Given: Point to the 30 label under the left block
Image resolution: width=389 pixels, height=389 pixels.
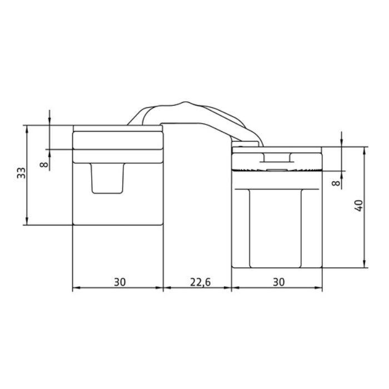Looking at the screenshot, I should pyautogui.click(x=119, y=282).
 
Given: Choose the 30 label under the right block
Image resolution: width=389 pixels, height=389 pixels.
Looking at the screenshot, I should pyautogui.click(x=279, y=282).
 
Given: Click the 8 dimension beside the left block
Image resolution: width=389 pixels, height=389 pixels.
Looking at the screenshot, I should pyautogui.click(x=45, y=164).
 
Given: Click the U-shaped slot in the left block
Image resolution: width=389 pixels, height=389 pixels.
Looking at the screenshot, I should pyautogui.click(x=107, y=179).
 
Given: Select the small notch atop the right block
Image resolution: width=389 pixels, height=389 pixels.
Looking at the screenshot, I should pyautogui.click(x=276, y=157).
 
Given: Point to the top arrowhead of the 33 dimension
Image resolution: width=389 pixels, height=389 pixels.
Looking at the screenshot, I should pyautogui.click(x=26, y=127).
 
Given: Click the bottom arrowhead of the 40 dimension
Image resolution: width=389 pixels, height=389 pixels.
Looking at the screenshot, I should pyautogui.click(x=365, y=265).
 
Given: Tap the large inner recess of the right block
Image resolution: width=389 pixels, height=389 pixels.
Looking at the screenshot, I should pyautogui.click(x=276, y=228).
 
